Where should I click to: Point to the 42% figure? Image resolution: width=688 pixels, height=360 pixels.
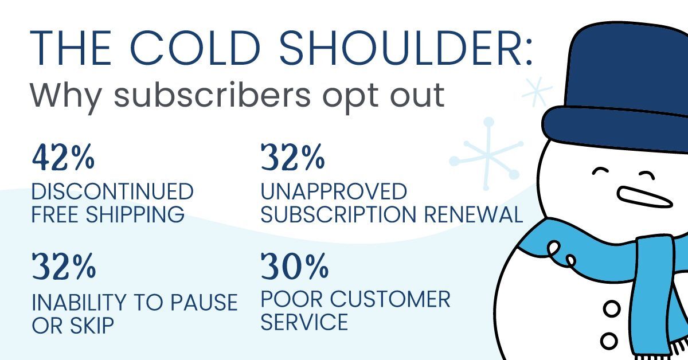tap(63, 158)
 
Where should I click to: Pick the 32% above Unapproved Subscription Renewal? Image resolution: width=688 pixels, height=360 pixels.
tap(293, 158)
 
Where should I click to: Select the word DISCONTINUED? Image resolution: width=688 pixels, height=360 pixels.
tap(112, 191)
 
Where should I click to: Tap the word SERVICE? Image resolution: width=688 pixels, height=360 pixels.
tap(304, 322)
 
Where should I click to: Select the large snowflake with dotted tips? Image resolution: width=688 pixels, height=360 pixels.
tap(486, 155)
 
